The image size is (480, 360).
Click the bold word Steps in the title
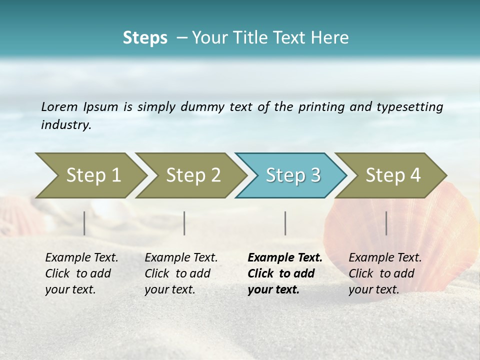tap(145, 38)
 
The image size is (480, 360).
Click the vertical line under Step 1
tap(84, 223)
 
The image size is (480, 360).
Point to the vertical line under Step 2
tap(184, 223)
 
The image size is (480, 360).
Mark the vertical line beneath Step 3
tap(285, 223)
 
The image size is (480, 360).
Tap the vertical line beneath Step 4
tap(386, 223)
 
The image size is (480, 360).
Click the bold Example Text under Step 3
tap(285, 273)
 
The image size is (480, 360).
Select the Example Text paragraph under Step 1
tap(81, 273)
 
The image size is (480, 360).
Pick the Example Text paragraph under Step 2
tap(181, 273)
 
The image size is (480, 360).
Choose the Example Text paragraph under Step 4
tap(385, 273)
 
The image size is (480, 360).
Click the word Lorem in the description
tap(59, 106)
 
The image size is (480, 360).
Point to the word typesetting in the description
tap(409, 107)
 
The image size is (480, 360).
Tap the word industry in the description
tap(66, 125)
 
